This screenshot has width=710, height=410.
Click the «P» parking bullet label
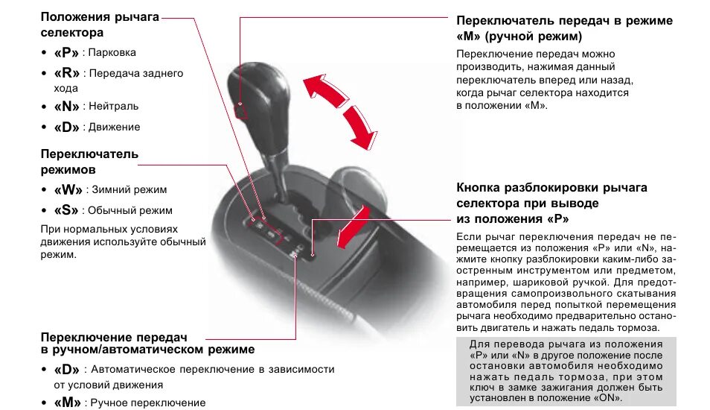click(67, 53)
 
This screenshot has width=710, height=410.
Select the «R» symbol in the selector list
click(67, 74)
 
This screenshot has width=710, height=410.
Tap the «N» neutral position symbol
click(67, 107)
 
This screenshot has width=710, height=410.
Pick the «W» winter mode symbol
click(68, 190)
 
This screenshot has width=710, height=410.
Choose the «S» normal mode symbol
click(67, 210)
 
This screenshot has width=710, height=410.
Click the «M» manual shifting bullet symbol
click(68, 403)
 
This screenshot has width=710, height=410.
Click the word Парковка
click(112, 53)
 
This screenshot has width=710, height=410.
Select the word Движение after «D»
click(115, 127)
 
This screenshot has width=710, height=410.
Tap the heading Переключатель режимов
click(89, 162)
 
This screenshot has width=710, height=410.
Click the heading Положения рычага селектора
click(100, 25)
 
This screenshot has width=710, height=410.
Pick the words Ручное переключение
click(148, 403)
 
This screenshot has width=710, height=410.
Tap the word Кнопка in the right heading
click(481, 187)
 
